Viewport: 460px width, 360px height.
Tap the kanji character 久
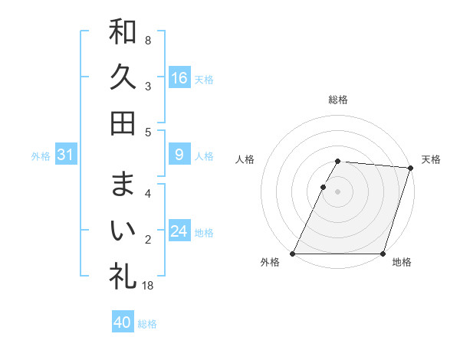(123, 77)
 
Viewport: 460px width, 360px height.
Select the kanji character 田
(123, 123)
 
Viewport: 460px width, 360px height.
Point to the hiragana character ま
(123, 184)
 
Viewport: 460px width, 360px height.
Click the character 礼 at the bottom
(123, 276)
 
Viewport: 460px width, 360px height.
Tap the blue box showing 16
(179, 77)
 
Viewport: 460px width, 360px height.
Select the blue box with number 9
(179, 155)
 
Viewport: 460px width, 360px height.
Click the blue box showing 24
(179, 231)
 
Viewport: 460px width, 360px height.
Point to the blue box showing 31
(66, 155)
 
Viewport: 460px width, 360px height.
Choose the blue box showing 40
(123, 322)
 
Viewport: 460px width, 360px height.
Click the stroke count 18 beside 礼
(149, 286)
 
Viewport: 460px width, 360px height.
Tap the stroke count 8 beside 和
(148, 40)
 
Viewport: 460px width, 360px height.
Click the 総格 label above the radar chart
(338, 100)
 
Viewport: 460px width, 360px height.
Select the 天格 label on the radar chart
(431, 159)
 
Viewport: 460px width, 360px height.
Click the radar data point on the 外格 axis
(293, 254)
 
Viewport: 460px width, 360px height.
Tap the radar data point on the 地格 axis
(383, 254)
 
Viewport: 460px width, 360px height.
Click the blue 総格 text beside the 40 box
(147, 324)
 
